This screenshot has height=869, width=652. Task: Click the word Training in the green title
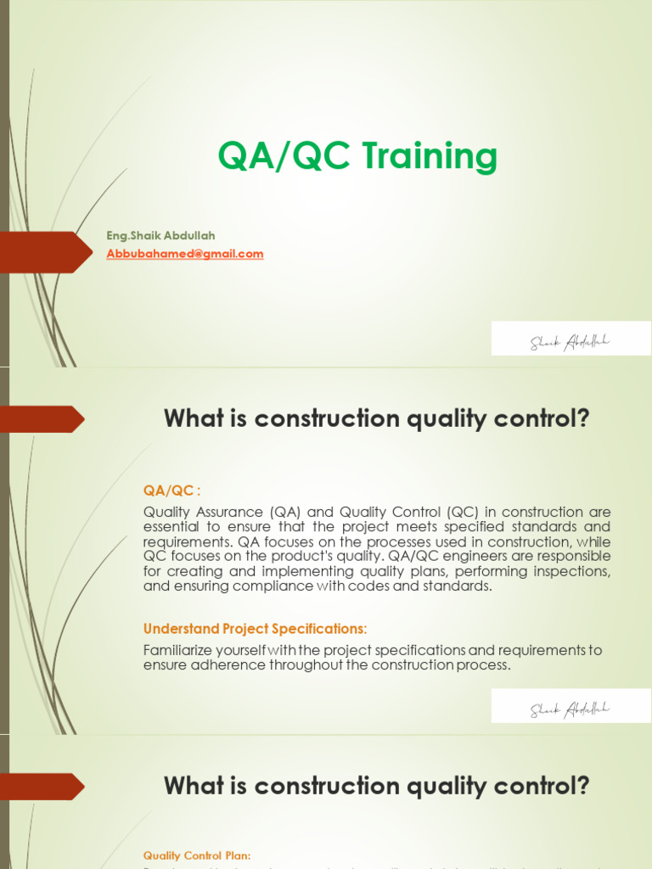pyautogui.click(x=430, y=158)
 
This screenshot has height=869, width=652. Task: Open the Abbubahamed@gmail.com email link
pyautogui.click(x=185, y=254)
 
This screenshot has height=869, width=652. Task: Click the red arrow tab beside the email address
pyautogui.click(x=47, y=252)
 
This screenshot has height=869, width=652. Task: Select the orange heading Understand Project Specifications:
pyautogui.click(x=255, y=629)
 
